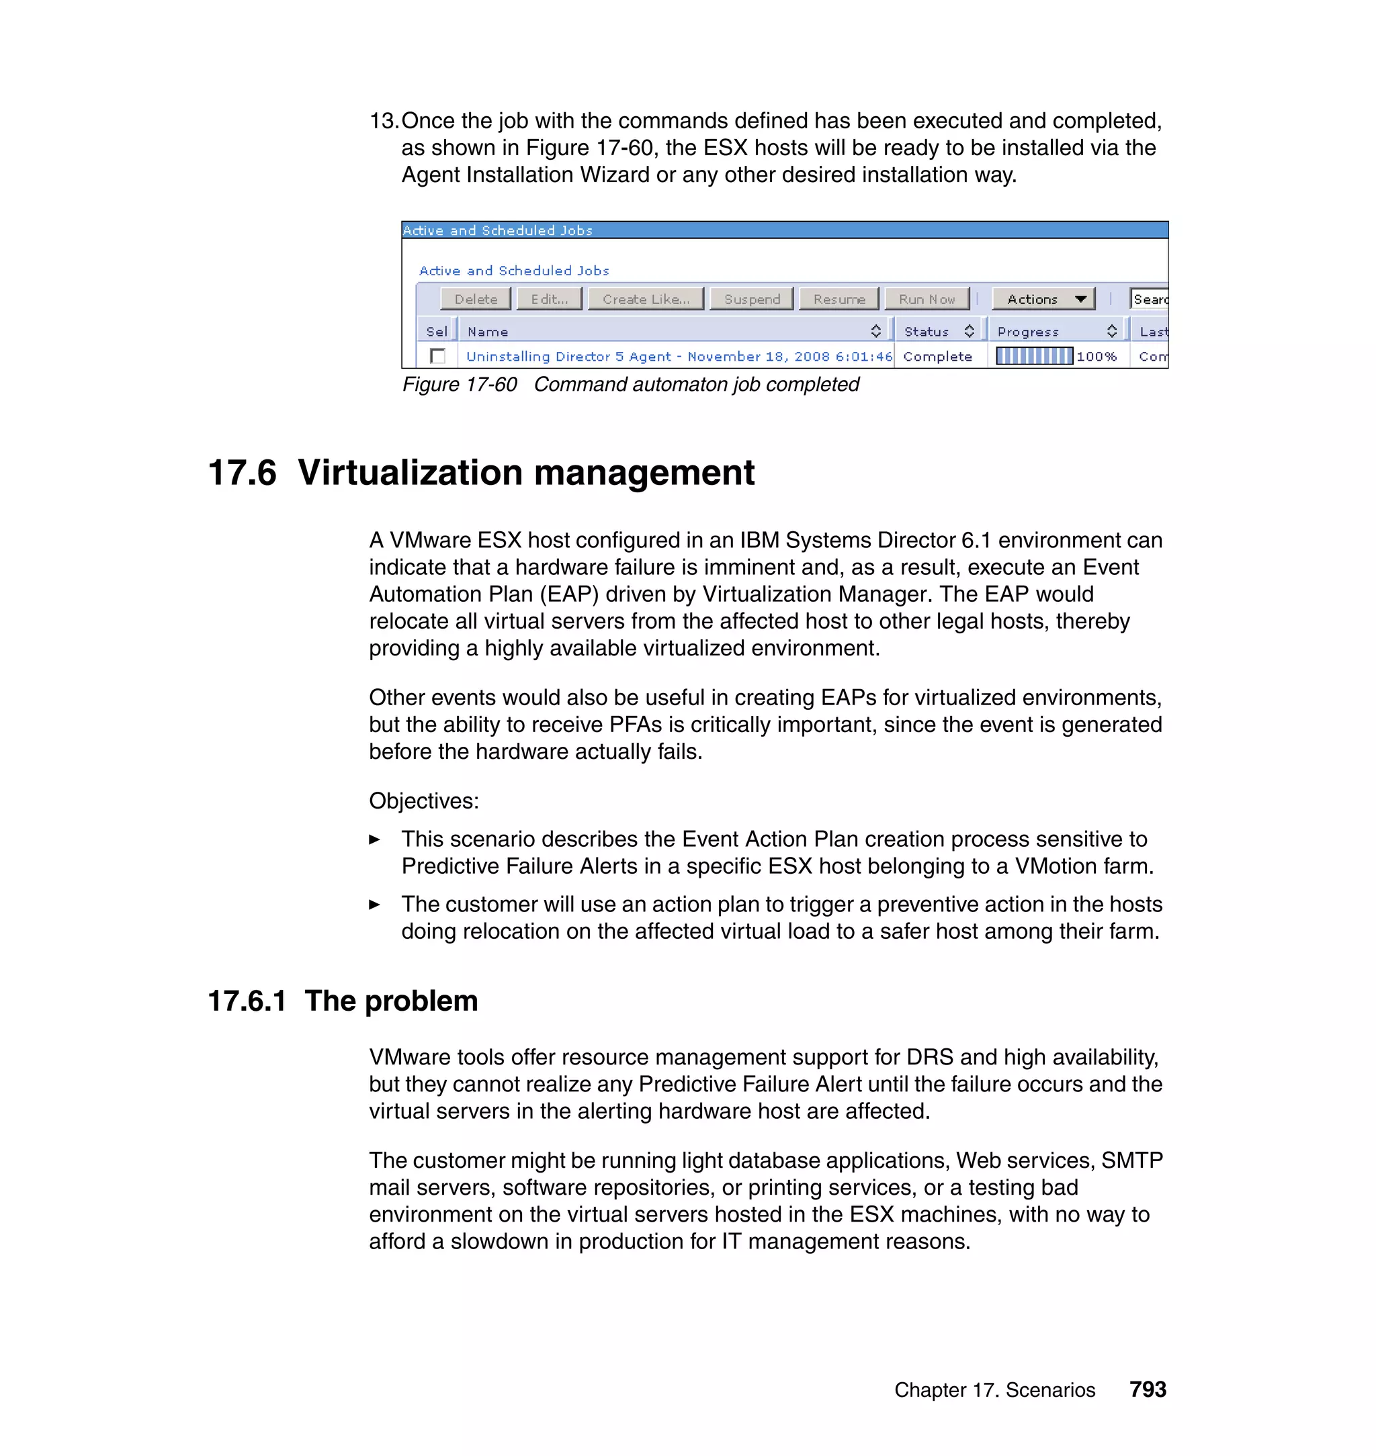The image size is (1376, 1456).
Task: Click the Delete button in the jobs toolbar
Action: tap(475, 299)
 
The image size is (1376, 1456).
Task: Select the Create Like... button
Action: tap(646, 299)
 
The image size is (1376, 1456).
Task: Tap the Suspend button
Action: tap(752, 299)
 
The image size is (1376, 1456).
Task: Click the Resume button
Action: tap(838, 299)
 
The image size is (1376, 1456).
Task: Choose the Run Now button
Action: tap(927, 299)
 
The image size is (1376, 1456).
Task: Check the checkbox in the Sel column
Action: tap(438, 357)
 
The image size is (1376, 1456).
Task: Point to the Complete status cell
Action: tap(937, 357)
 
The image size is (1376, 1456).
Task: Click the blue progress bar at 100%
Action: tap(1034, 357)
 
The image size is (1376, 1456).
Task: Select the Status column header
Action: tap(927, 331)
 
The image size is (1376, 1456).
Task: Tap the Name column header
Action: tap(488, 331)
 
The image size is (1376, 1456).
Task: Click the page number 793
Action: tap(1147, 1390)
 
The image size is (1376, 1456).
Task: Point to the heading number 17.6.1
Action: tap(247, 1001)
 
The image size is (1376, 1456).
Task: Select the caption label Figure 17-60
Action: tap(459, 384)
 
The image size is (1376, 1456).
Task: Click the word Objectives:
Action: tap(423, 801)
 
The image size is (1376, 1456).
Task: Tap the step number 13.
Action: tap(383, 121)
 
